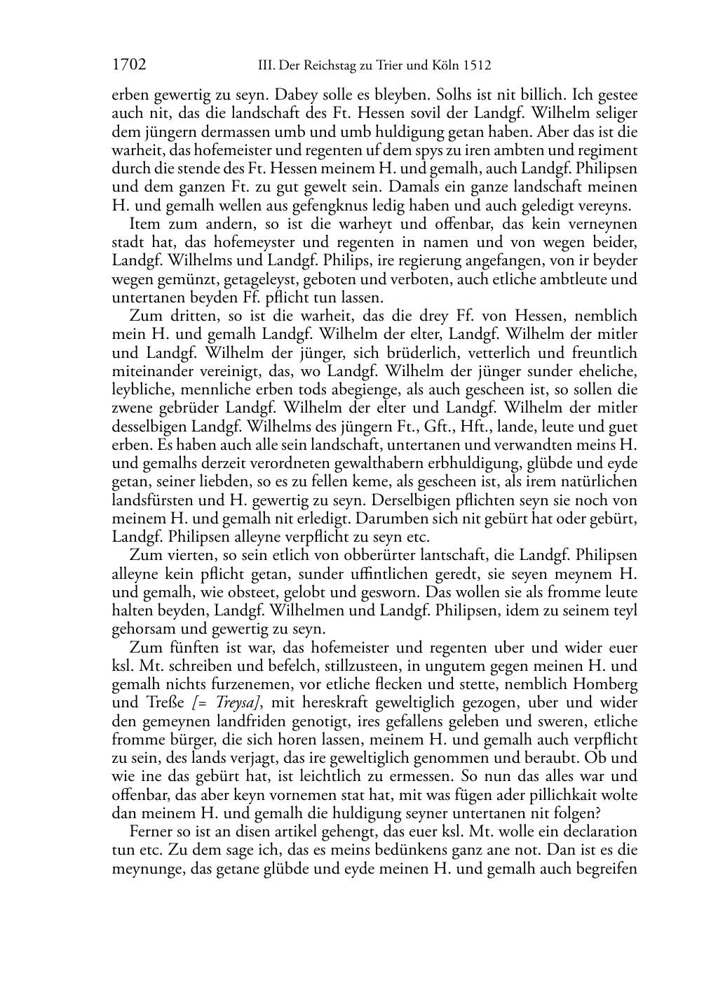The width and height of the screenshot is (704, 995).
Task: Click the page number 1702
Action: pyautogui.click(x=130, y=66)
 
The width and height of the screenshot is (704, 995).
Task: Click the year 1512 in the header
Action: pyautogui.click(x=476, y=67)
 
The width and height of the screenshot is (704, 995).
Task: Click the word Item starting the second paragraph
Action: pyautogui.click(x=144, y=224)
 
